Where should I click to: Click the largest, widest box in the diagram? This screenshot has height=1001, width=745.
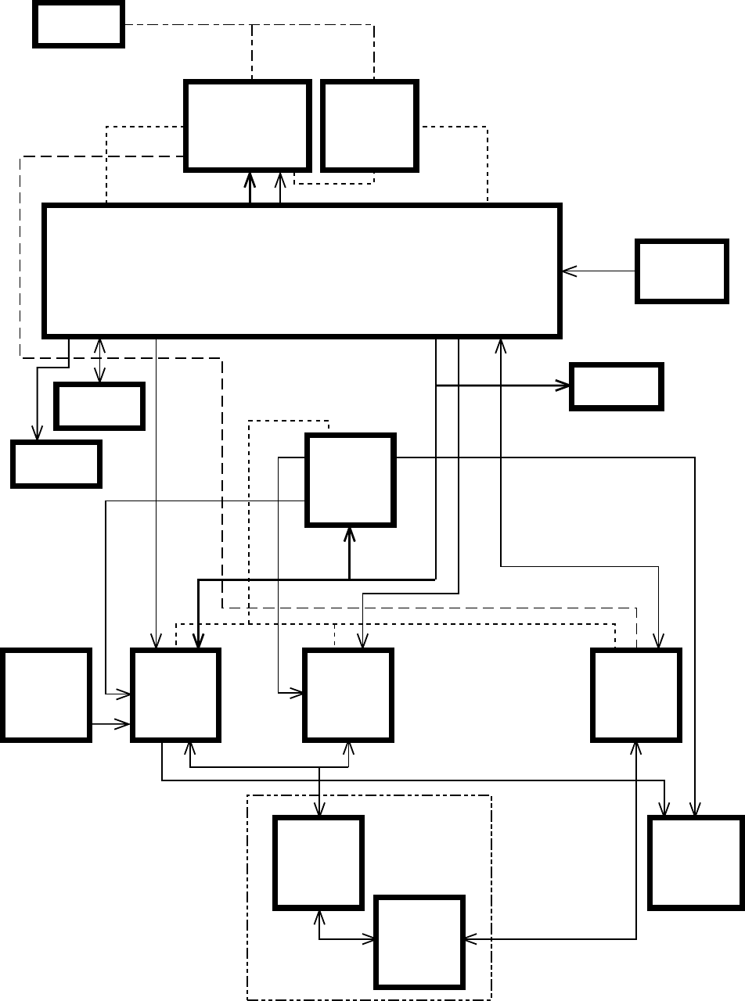(x=302, y=271)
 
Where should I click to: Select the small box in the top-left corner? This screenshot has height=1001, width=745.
(x=78, y=24)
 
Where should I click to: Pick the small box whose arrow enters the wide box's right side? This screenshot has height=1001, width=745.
(x=682, y=271)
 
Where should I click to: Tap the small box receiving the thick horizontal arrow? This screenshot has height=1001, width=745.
(x=617, y=386)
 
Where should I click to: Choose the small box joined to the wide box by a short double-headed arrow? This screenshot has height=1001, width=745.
(x=99, y=406)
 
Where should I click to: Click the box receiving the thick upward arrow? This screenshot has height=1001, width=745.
(x=350, y=479)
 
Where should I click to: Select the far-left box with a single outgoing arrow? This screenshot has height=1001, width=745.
(x=45, y=694)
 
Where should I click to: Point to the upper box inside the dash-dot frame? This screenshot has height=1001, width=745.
(x=319, y=863)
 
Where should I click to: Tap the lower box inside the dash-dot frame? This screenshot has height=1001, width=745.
(x=419, y=941)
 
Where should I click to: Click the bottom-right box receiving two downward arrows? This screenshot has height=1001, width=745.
(x=696, y=863)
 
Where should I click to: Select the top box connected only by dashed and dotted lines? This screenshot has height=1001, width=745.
(x=369, y=125)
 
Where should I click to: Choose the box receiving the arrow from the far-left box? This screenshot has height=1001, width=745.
(x=175, y=694)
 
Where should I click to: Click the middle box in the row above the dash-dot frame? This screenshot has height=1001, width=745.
(x=348, y=694)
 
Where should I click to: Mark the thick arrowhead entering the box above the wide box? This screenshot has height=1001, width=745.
(x=250, y=178)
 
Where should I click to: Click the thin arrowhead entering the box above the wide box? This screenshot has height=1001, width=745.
(x=280, y=178)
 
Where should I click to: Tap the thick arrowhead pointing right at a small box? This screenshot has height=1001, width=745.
(x=563, y=386)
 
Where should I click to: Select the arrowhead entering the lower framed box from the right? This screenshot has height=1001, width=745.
(x=470, y=938)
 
